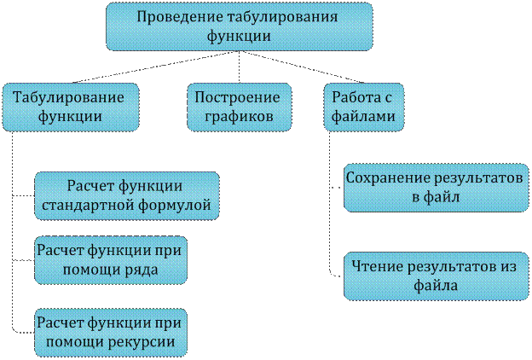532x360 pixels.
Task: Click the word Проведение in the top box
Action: (x=179, y=17)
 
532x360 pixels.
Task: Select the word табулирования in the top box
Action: (x=282, y=17)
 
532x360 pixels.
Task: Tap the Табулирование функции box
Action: (x=71, y=107)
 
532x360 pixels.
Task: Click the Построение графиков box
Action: (x=240, y=107)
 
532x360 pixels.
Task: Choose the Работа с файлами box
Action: (x=364, y=107)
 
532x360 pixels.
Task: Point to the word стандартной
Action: (x=88, y=206)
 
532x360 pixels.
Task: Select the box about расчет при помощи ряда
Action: (x=111, y=260)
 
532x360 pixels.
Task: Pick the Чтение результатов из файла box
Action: (x=437, y=276)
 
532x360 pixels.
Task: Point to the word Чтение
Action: (x=377, y=266)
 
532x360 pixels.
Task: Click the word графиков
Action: (x=240, y=117)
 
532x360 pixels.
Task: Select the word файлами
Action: (x=363, y=117)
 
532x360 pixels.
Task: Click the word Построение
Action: (x=237, y=98)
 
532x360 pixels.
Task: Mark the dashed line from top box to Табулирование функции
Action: (x=155, y=67)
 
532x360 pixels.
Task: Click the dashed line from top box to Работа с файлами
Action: (x=302, y=67)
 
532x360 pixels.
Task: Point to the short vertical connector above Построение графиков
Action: (x=240, y=67)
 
